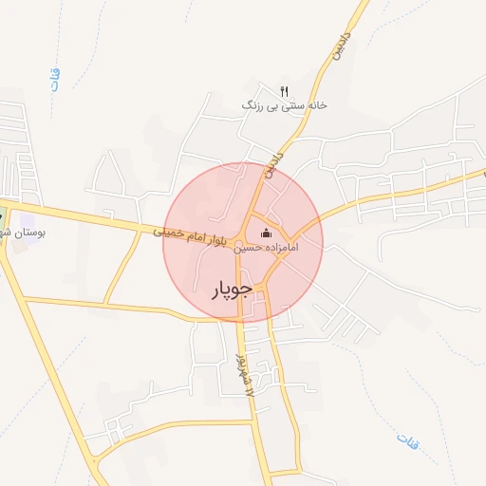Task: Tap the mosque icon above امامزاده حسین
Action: [266, 234]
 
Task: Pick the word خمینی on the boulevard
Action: [167, 231]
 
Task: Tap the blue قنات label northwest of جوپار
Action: [56, 82]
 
